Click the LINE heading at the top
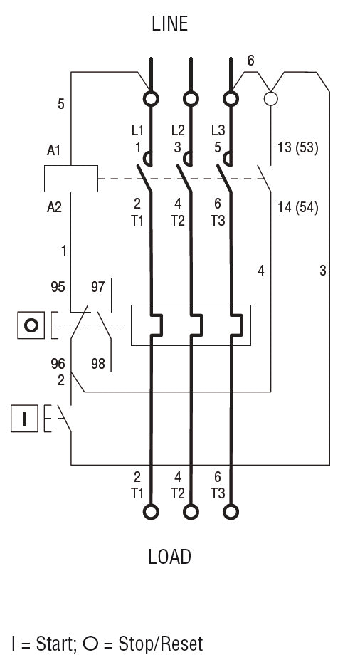(169, 23)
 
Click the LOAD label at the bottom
(169, 557)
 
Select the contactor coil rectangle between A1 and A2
(70, 178)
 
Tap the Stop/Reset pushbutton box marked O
(30, 325)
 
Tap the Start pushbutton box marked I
(24, 419)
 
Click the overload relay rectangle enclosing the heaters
(191, 325)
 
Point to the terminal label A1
(53, 150)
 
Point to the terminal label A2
(53, 207)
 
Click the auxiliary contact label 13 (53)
(296, 148)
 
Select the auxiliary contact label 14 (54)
(296, 208)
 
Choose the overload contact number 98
(98, 364)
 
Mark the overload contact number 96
(58, 364)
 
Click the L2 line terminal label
(178, 130)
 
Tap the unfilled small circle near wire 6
(270, 98)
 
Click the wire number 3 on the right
(322, 271)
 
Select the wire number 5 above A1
(60, 105)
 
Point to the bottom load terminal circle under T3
(231, 511)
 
